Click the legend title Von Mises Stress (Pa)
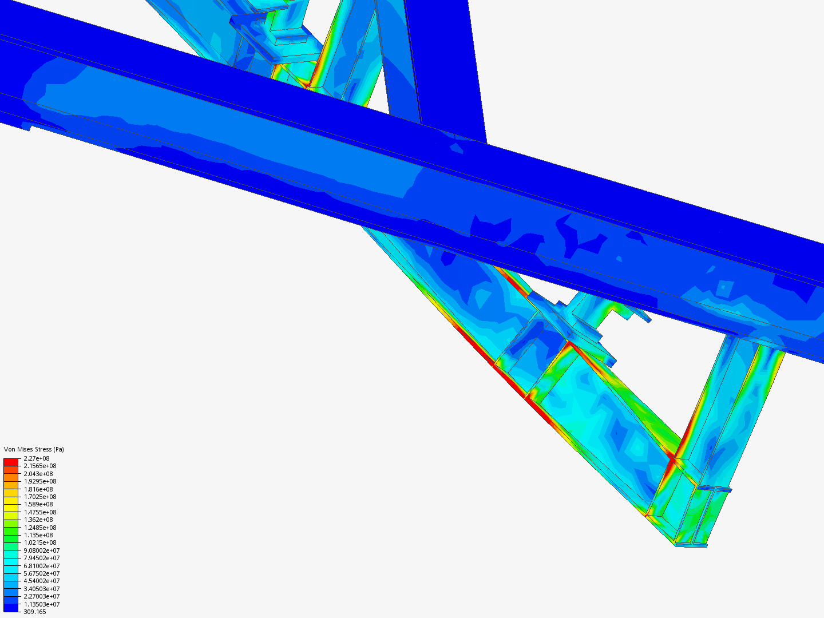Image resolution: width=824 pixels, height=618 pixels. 34,449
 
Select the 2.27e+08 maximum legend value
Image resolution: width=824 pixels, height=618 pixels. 37,458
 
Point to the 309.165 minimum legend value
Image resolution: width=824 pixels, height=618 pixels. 34,612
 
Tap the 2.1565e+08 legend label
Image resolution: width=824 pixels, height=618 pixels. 40,466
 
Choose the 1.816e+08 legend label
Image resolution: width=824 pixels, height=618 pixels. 38,489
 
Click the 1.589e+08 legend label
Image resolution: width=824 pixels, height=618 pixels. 38,504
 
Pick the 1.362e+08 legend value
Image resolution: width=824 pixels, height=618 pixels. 38,520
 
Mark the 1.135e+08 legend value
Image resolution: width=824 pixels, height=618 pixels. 38,535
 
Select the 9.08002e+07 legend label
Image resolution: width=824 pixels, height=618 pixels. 42,550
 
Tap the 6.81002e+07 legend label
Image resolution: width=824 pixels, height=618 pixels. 42,566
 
